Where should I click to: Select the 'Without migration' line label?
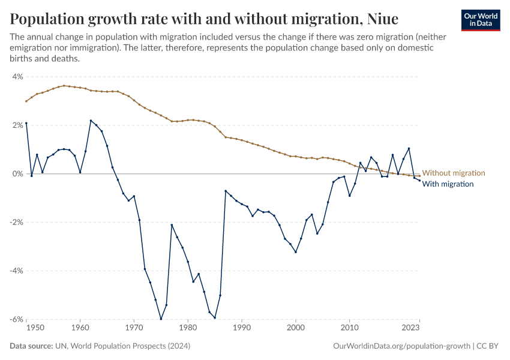(454, 173)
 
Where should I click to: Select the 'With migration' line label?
(448, 184)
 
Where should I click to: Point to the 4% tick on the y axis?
(17, 77)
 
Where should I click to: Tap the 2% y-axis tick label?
(17, 125)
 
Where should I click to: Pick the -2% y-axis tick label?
(16, 223)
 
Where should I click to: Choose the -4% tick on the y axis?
(16, 271)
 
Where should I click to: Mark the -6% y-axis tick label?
(16, 319)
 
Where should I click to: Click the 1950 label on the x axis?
(35, 329)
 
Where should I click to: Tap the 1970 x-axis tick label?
(134, 329)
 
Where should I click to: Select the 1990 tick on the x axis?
(242, 329)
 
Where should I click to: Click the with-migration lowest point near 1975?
(161, 319)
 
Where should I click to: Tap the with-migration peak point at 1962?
(91, 121)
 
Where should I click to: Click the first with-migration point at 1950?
(26, 124)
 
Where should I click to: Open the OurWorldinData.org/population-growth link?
(400, 346)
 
